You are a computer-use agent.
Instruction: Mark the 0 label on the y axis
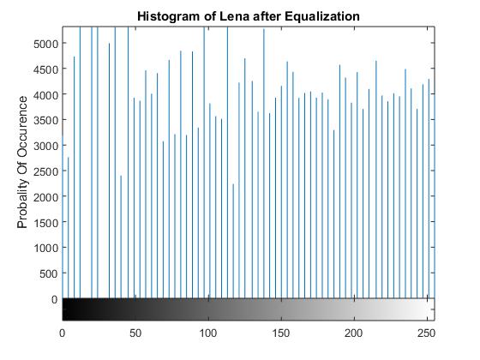point(53,300)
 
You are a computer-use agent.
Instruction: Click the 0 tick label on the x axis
point(63,332)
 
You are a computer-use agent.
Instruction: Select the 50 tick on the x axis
point(135,332)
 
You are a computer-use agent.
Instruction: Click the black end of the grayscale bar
point(69,309)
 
